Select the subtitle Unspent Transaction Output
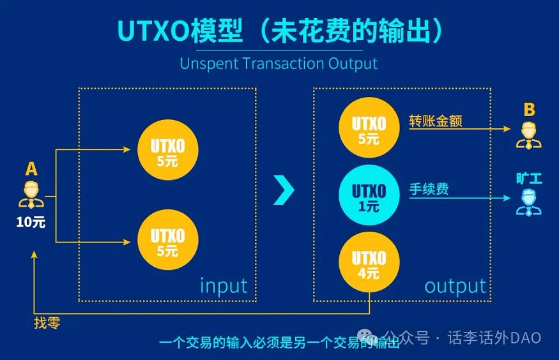tap(279, 64)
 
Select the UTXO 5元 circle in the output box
tap(369, 128)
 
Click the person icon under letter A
tap(31, 194)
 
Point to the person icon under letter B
tap(528, 135)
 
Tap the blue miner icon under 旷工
tap(528, 201)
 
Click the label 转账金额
tap(436, 121)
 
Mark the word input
tap(224, 285)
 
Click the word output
tap(455, 286)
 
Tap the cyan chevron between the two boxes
tap(284, 190)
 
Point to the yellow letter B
tap(528, 110)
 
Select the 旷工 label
tap(529, 178)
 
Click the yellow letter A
tap(31, 169)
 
